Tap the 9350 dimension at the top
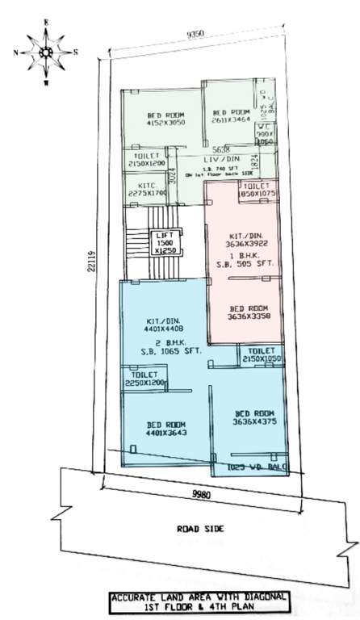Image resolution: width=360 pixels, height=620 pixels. [194, 36]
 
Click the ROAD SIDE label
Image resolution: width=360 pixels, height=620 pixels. [199, 530]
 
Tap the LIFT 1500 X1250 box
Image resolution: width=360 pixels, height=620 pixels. [165, 242]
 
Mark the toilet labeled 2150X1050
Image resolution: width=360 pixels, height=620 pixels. [259, 356]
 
